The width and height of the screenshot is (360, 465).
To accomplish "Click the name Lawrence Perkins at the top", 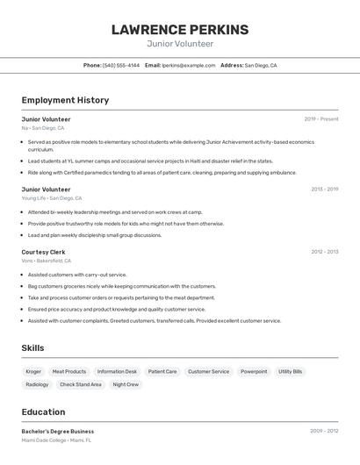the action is click(x=179, y=30).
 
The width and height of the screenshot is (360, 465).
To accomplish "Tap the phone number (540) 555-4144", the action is click(x=121, y=65).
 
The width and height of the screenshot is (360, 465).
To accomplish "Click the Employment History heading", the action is click(x=65, y=100).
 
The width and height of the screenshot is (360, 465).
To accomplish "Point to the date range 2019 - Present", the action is click(x=321, y=119).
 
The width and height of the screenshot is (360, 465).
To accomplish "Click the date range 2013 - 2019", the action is click(x=324, y=189).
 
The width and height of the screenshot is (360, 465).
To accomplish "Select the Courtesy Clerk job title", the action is click(x=44, y=252).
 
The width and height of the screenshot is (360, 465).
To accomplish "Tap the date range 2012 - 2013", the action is click(x=324, y=252).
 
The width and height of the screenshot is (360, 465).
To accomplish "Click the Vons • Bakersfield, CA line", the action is click(x=47, y=261).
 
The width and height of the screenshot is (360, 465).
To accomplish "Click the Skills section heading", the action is click(x=32, y=348).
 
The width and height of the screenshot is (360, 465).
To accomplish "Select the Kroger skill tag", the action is click(x=33, y=372).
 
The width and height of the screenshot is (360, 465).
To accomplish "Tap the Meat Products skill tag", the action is click(x=69, y=372).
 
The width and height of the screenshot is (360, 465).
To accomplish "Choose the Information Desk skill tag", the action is click(x=117, y=372).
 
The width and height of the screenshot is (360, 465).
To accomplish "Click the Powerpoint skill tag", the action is click(x=254, y=372).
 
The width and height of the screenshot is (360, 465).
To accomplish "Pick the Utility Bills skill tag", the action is click(x=291, y=372).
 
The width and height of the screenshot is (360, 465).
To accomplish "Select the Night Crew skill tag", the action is click(x=126, y=384).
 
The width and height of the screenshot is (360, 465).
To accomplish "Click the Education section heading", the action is click(x=43, y=411).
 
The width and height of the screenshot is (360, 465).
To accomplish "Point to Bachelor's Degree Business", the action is click(x=58, y=432).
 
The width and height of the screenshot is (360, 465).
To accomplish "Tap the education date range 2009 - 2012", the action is click(x=324, y=431).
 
